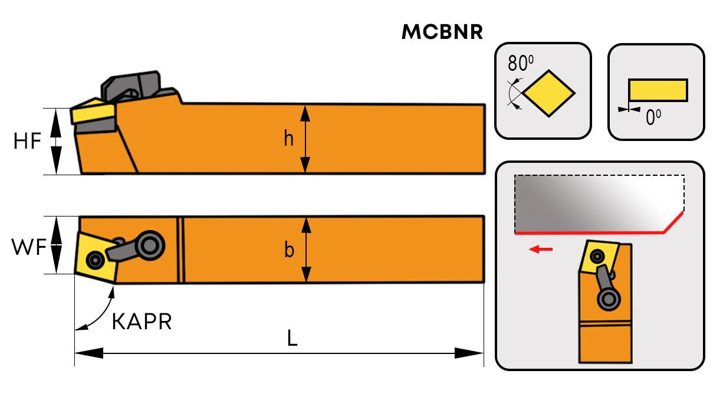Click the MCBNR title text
coord(442,33)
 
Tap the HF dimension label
coord(28,142)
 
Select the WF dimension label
coord(28,248)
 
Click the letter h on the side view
coord(288,139)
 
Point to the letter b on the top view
coord(289,250)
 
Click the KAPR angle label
coord(142,322)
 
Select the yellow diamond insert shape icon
coord(549,93)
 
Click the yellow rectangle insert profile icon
coord(658,90)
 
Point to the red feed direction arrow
coord(541,250)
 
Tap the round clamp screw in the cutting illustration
coord(609,299)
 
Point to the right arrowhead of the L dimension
coord(469,353)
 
